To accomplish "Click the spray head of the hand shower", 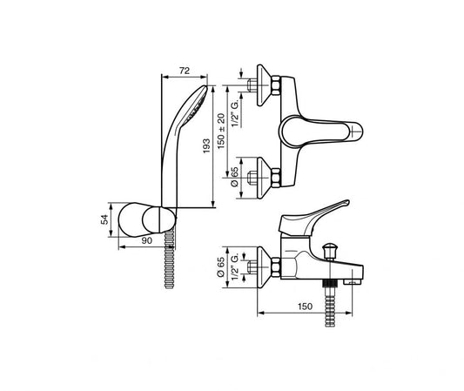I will (x=200, y=101).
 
